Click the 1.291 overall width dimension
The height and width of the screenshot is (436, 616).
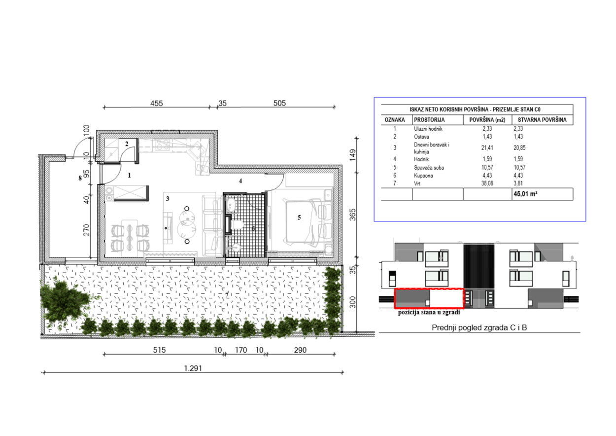click(193, 368)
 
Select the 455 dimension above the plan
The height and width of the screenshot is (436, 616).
click(157, 103)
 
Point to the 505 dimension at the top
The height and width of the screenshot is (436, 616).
click(279, 103)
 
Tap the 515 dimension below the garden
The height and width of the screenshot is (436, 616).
click(159, 350)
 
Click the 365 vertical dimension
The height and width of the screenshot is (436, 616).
click(352, 215)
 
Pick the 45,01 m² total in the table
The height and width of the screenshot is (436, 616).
click(525, 194)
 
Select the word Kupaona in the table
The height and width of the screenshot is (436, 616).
click(423, 176)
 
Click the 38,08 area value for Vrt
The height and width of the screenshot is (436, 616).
click(487, 183)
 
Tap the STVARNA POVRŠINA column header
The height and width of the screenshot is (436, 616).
click(542, 120)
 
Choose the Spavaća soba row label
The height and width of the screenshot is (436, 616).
click(429, 167)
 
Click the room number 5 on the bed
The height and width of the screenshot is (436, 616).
click(299, 218)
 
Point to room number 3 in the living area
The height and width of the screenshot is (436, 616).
click(168, 198)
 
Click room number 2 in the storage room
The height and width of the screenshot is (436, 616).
click(127, 144)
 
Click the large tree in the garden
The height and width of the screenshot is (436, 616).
click(65, 300)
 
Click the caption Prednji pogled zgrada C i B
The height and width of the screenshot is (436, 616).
click(479, 327)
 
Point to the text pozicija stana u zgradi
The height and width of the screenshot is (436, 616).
click(429, 312)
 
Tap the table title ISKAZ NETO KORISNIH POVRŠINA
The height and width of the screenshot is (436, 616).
click(449, 109)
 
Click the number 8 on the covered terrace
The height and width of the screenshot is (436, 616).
click(80, 178)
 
